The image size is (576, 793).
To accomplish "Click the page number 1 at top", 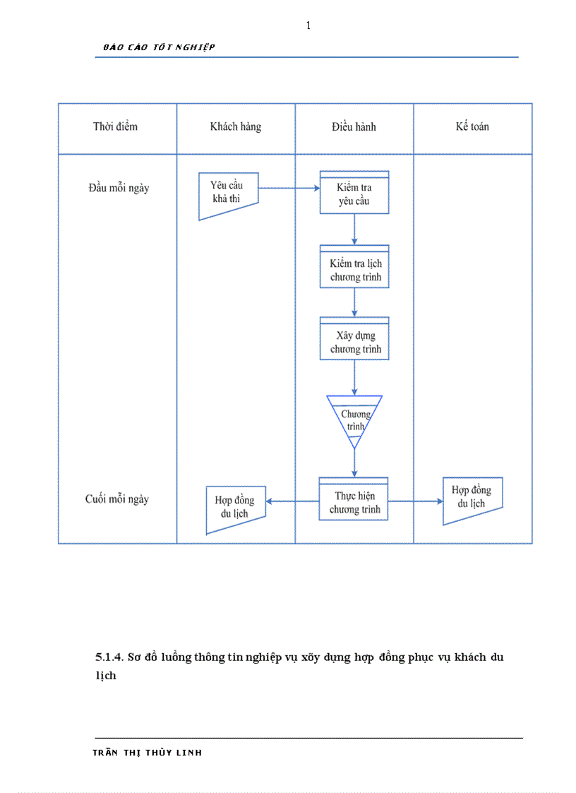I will pos(308,26).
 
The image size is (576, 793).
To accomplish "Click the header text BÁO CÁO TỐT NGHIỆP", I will pos(159,47).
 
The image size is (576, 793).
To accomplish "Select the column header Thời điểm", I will pos(115,127).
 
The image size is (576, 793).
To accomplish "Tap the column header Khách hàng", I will pos(235,127).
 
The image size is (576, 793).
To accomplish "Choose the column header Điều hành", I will pos(354,127).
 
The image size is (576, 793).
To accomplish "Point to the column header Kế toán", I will pos(472,127).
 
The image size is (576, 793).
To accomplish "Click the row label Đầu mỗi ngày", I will pos(119,189).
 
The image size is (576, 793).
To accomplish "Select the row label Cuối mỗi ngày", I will pos(117,499).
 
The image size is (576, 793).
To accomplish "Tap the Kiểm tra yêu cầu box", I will pos(354,194).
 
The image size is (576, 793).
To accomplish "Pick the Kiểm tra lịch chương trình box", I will pos(354,269).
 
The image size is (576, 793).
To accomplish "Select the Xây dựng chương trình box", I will pos(354,342).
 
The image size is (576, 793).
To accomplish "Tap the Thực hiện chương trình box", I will pos(354,502).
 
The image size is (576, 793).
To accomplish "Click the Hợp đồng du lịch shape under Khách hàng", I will pos(235,508).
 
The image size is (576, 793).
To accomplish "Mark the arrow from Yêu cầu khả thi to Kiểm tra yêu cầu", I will pos(289,188).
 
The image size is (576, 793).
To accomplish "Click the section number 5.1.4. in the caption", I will pos(110,657).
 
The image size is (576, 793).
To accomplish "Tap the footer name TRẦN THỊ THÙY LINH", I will pos(148,753).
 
